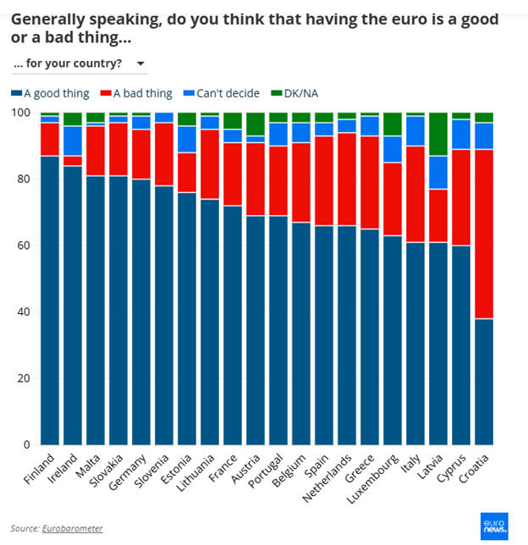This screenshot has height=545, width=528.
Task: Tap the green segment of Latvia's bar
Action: pyautogui.click(x=439, y=134)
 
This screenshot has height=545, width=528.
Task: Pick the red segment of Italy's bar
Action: pyautogui.click(x=416, y=194)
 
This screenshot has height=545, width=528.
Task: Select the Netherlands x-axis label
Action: pyautogui.click(x=334, y=478)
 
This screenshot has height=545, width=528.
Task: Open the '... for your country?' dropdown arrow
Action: pyautogui.click(x=140, y=63)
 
